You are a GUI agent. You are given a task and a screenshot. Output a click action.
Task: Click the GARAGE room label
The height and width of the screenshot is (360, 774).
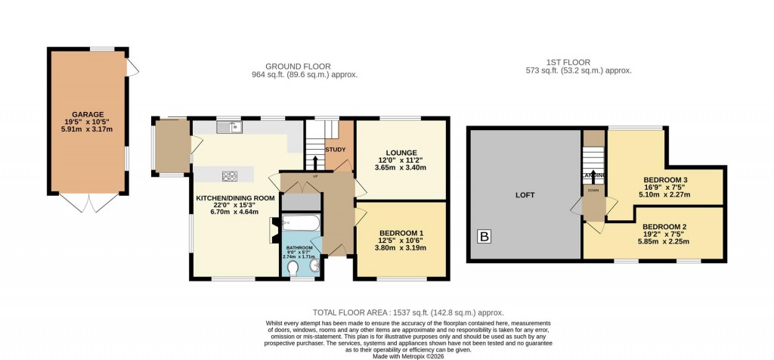click(88, 115)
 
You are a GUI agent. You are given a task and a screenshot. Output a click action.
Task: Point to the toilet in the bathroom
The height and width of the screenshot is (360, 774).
click(293, 267)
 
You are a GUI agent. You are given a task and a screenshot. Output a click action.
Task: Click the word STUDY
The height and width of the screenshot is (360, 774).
click(335, 149)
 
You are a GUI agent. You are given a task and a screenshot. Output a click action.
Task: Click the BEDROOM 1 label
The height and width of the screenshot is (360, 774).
click(401, 232)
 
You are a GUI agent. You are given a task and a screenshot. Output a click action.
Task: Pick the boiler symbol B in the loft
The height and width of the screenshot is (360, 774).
click(484, 237)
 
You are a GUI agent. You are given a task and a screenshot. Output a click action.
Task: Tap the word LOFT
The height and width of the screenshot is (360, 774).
click(525, 195)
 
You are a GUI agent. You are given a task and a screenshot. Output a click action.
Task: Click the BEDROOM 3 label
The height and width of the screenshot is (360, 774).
click(665, 179)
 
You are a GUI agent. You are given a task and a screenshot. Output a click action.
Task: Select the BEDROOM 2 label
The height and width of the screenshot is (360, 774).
click(664, 226)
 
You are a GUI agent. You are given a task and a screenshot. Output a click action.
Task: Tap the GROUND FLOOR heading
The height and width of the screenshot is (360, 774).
click(304, 67)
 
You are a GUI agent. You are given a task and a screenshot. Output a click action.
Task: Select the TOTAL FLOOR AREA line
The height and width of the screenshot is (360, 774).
click(407, 312)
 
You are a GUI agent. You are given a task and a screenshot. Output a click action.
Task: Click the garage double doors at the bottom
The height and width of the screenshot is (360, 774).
click(88, 202)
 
